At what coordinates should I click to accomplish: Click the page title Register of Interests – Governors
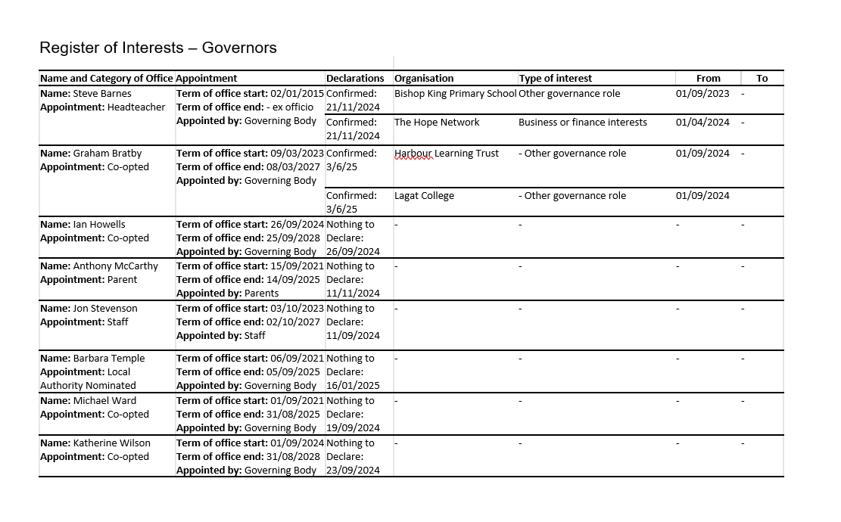[x=158, y=48]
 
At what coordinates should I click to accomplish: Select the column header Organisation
[x=424, y=78]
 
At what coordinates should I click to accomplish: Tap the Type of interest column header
[x=555, y=78]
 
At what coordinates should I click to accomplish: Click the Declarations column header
[x=355, y=78]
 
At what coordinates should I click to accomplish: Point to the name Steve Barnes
[x=101, y=94]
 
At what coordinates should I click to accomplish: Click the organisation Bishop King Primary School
[x=455, y=94]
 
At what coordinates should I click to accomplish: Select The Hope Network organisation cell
[x=437, y=123]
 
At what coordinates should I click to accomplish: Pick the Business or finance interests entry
[x=582, y=123]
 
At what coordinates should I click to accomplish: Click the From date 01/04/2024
[x=702, y=123]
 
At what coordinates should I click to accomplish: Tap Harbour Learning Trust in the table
[x=446, y=154]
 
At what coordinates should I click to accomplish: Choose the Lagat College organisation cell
[x=424, y=196]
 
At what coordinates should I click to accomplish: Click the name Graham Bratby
[x=107, y=154]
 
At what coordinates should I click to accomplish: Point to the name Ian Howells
[x=99, y=225]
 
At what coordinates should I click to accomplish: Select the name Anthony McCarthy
[x=115, y=266]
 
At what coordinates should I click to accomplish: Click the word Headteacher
[x=136, y=107]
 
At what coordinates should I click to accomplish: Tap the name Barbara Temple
[x=108, y=359]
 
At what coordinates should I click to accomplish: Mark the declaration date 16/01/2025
[x=353, y=386]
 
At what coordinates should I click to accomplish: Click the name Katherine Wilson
[x=111, y=443]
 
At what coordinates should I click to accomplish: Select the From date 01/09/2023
[x=702, y=94]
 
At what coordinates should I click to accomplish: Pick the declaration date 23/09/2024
[x=353, y=471]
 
